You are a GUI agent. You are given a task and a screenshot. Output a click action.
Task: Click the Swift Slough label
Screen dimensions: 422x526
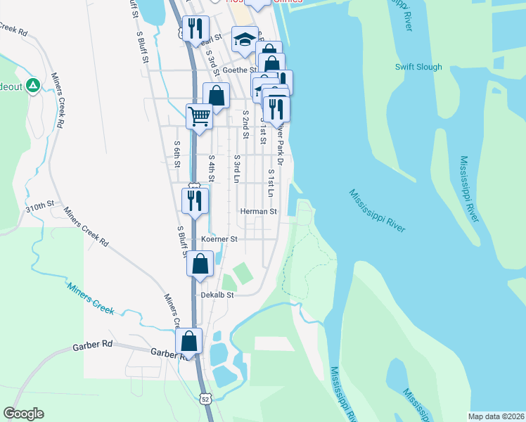418,68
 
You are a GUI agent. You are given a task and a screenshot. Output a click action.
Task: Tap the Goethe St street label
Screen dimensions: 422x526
239,70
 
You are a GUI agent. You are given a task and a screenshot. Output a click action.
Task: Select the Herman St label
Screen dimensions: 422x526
259,211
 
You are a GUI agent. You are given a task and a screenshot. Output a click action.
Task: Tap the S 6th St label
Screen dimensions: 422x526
177,155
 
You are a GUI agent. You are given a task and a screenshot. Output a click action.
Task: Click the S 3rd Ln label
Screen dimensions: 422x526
238,169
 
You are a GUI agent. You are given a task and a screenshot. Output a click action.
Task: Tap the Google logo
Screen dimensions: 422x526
23,414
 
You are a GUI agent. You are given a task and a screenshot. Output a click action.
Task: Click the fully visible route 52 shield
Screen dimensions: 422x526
203,399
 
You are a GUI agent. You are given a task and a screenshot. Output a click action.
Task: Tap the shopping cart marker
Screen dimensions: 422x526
200,115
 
